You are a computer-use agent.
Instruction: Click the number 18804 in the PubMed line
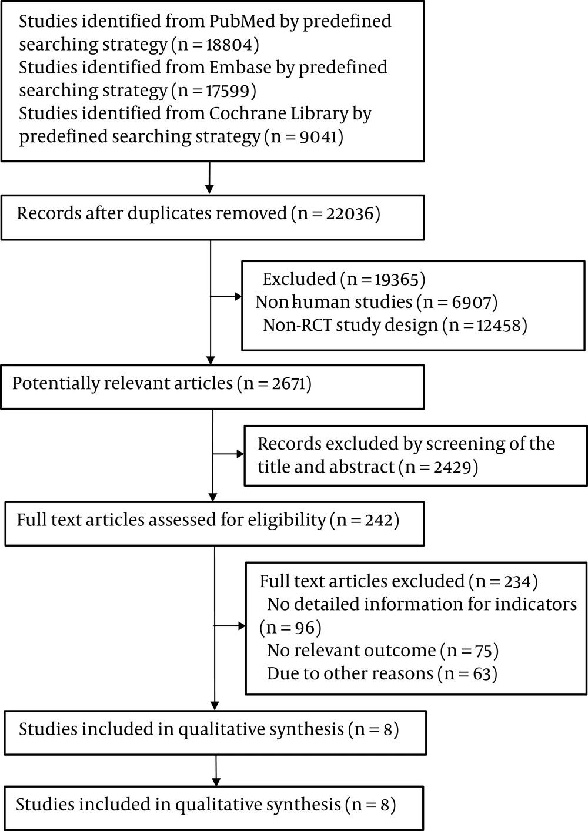pos(229,45)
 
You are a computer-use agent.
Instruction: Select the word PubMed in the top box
pos(242,21)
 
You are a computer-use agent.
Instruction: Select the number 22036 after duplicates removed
pos(350,214)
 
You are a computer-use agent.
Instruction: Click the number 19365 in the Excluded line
pos(396,279)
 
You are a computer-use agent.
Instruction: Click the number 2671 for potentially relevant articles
pos(289,384)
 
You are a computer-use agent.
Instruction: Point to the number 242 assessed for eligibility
pos(379,520)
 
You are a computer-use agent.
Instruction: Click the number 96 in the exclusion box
pos(305,627)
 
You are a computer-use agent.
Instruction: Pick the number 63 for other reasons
pos(482,673)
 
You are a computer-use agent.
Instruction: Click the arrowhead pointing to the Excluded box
pos(238,296)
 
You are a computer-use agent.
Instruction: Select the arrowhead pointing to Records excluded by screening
pos(240,454)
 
